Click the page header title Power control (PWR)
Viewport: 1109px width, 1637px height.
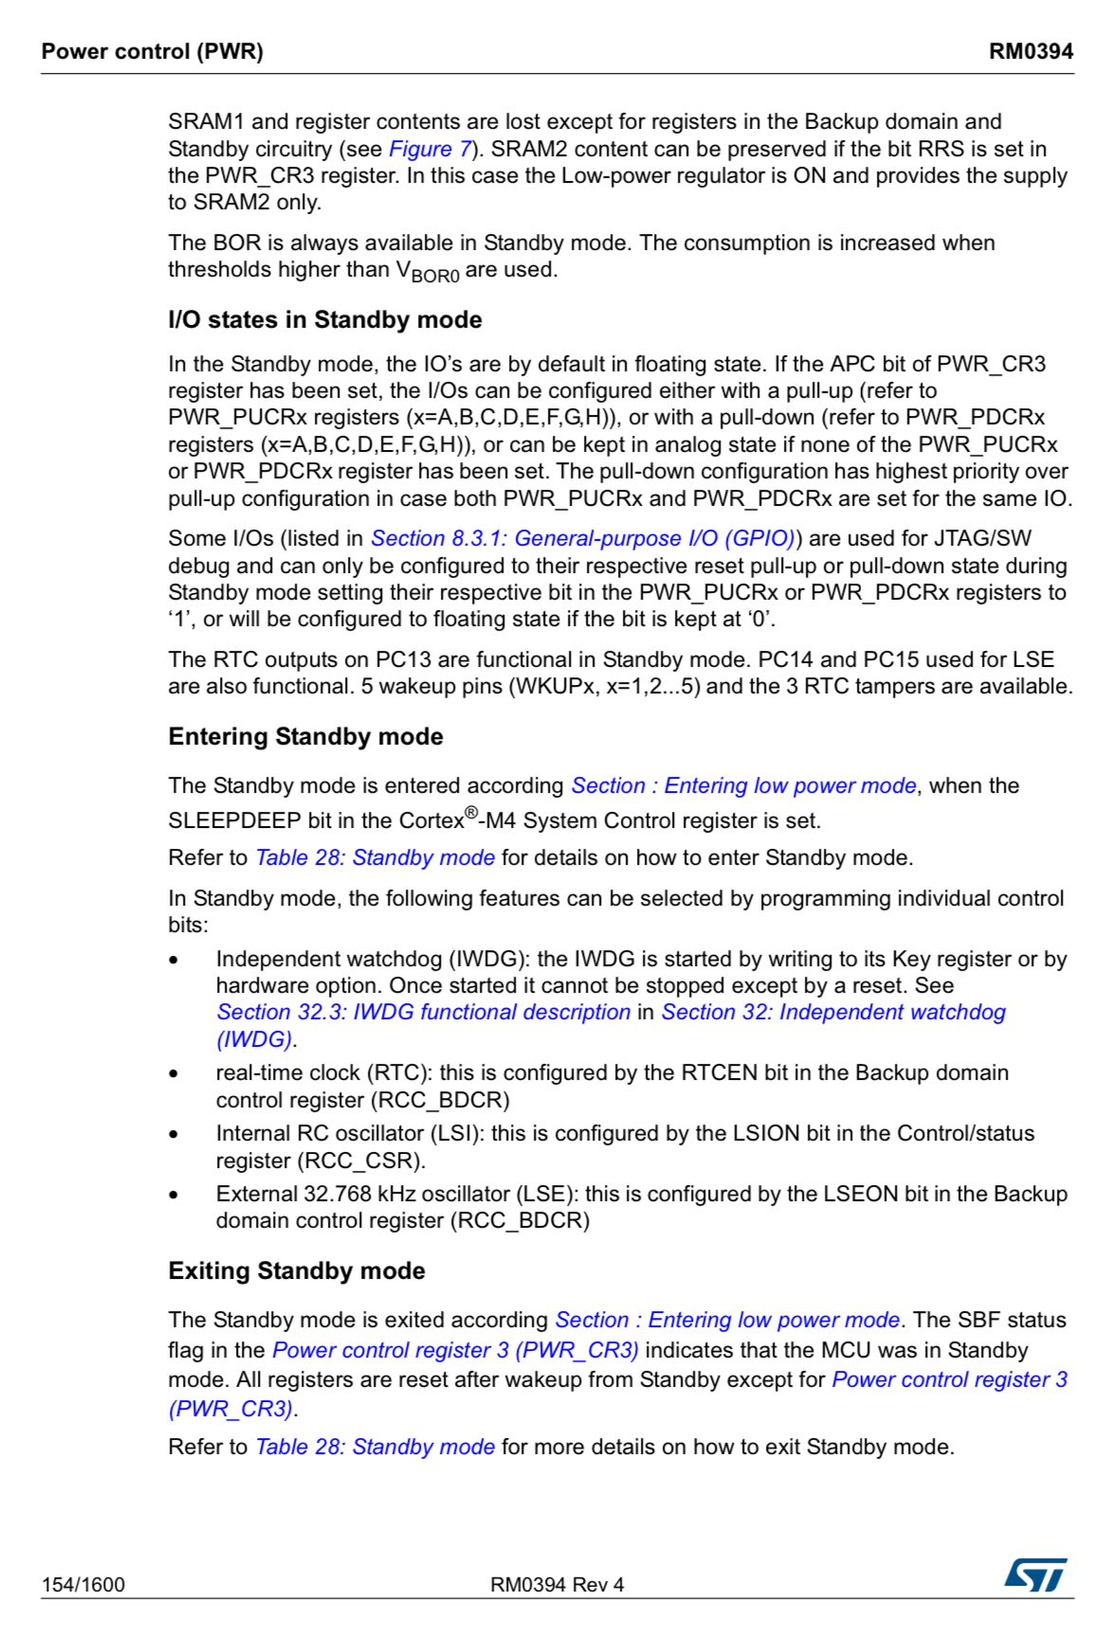[x=152, y=51]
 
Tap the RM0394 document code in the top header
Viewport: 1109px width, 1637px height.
[x=1030, y=51]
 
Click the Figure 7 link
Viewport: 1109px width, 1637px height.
[x=429, y=149]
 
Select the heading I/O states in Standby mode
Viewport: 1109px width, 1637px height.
[x=325, y=320]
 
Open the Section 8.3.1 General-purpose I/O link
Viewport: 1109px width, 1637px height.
[x=582, y=538]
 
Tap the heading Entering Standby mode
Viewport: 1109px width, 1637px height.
[x=305, y=737]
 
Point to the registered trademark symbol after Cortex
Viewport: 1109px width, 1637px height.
[x=471, y=813]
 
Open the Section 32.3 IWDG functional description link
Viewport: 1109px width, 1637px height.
[x=424, y=1012]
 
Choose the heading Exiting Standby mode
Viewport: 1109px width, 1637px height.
[x=297, y=1271]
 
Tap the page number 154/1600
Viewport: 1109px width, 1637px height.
[x=83, y=1585]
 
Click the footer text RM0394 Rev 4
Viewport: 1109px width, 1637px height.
[x=556, y=1585]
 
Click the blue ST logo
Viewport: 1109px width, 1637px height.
[x=1035, y=1575]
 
